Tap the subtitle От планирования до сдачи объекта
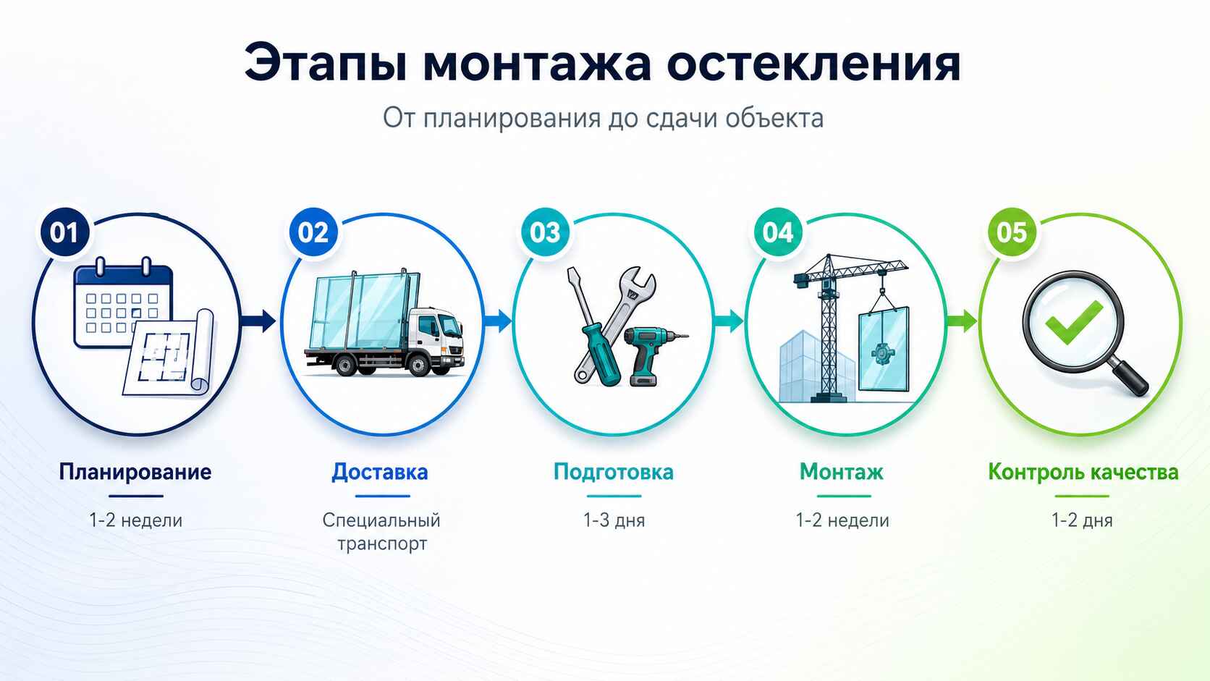tap(603, 118)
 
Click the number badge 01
tap(64, 232)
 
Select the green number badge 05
tap(1012, 232)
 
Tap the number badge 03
tap(545, 232)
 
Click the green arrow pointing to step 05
tap(962, 321)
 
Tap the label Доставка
tap(380, 473)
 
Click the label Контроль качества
tap(1083, 473)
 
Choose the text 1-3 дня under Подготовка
tap(614, 520)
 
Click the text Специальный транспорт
tap(381, 532)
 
